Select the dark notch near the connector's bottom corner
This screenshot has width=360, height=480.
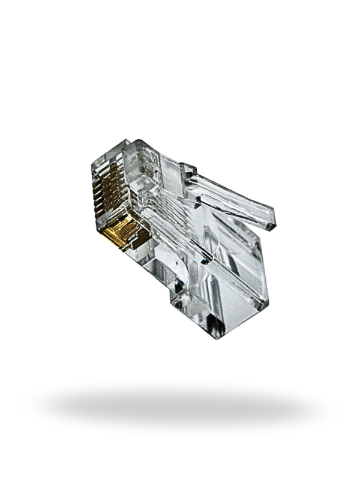pyautogui.click(x=213, y=327)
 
